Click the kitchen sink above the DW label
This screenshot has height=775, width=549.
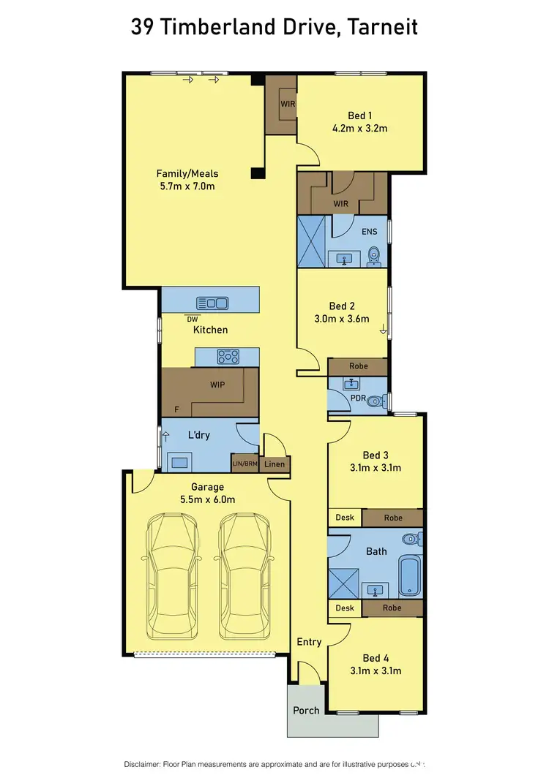tap(212, 302)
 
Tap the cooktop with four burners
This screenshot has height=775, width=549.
tap(228, 357)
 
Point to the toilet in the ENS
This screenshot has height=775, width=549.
tap(374, 255)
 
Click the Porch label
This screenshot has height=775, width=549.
tap(306, 710)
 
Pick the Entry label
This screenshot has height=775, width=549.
tap(309, 642)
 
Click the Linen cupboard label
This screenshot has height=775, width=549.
tap(274, 464)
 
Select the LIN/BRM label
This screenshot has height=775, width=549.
tap(244, 464)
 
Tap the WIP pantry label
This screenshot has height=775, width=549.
tap(217, 384)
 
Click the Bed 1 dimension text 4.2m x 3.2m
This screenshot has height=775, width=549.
tap(359, 128)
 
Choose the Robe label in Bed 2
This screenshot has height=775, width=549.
tap(358, 366)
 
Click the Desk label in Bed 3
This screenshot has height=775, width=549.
tap(345, 518)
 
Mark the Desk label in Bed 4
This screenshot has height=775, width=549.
tap(345, 608)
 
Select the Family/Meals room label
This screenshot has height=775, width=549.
tap(187, 173)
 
